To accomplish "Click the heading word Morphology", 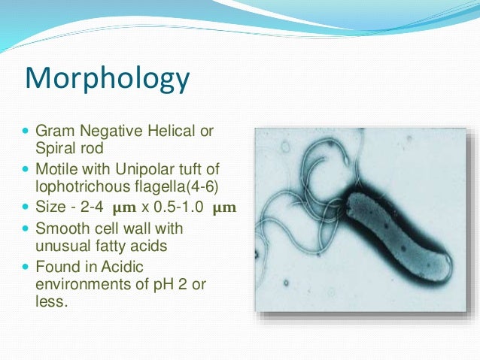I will tap(107, 78).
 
